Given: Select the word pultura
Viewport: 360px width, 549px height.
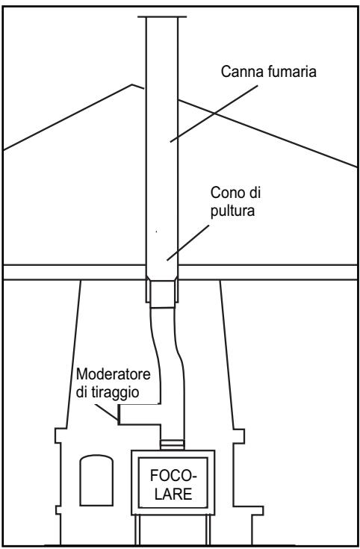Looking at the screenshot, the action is pos(232,211).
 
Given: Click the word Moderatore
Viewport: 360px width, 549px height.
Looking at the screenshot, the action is pos(113,374).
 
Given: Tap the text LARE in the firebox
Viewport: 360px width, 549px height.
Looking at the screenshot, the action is pos(174,494).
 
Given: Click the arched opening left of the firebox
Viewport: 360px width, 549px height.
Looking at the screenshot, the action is pos(96,480).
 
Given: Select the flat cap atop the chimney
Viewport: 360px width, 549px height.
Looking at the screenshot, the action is pos(162,16).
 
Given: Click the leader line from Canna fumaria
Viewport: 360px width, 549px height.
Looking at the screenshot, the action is pos(214,114).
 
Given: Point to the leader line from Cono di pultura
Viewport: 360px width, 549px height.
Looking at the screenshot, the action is pos(187,243).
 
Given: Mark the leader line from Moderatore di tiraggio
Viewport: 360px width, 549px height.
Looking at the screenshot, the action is pos(107,412).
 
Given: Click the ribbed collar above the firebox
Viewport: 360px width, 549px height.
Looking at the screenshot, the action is pos(172,445).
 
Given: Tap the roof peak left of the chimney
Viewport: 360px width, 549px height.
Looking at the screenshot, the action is pos(132,84).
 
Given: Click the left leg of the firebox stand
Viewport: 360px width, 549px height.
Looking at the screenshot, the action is pos(137,530).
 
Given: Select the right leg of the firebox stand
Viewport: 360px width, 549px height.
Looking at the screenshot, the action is pos(208,530).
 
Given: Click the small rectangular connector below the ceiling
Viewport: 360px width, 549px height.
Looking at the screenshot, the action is pos(162,294).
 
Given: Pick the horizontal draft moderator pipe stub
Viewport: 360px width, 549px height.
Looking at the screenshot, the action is pos(140,415).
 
